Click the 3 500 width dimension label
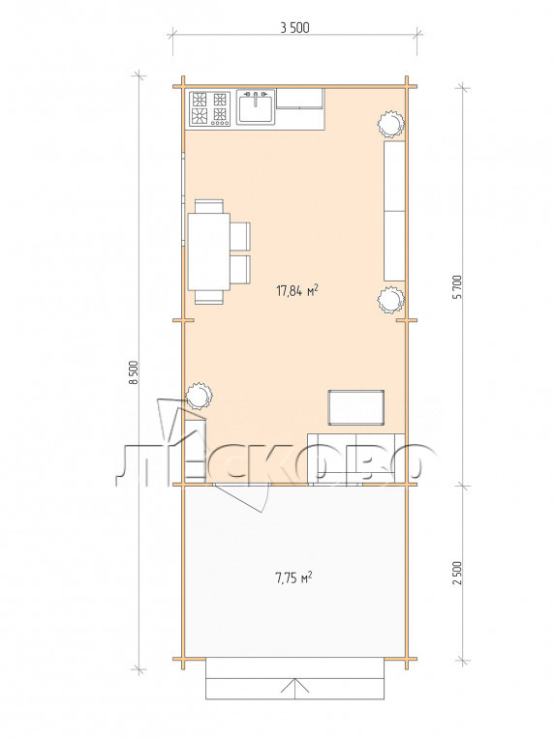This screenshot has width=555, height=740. point(294,28)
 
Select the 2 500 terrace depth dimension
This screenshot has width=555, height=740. point(457,573)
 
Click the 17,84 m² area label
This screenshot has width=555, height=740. point(297,291)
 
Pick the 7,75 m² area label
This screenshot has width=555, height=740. point(293,577)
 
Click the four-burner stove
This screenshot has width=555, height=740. point(210,109)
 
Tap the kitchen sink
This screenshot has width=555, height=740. point(256,107)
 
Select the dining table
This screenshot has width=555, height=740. point(209,252)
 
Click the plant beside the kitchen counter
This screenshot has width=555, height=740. point(391,123)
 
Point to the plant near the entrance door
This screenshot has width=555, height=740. point(199,396)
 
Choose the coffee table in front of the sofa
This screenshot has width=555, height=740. point(356,407)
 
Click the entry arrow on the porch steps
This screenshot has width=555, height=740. point(294,688)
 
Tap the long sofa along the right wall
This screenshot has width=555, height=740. point(394,211)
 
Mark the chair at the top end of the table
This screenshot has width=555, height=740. point(209,206)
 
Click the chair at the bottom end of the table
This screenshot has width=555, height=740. point(209,296)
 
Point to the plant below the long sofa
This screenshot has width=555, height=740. point(391,300)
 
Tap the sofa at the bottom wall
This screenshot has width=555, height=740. point(356,459)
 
